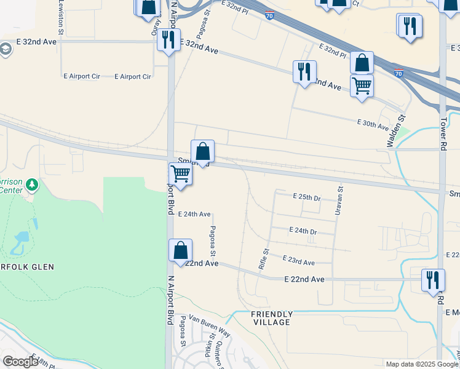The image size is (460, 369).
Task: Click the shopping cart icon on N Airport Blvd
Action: click(180, 173)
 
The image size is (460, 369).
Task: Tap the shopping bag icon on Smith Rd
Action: click(202, 151)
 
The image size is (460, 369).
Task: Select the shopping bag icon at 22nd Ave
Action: click(180, 251)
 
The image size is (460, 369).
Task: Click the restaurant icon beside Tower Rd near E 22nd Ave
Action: click(433, 280)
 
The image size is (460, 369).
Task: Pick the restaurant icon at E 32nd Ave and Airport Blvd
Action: click(167, 40)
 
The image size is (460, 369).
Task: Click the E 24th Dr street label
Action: click(303, 231)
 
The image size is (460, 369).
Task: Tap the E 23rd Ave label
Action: click(298, 261)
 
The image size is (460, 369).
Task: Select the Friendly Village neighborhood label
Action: click(271, 318)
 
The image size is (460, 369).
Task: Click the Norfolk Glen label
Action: click(27, 266)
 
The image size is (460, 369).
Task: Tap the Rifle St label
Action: click(263, 259)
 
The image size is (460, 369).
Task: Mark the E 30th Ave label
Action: click(373, 125)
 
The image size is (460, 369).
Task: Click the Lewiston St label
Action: click(61, 17)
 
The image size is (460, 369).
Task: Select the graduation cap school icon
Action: click(6, 49)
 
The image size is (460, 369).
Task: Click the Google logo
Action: click(20, 362)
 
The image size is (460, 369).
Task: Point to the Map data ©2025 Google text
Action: click(422, 364)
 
